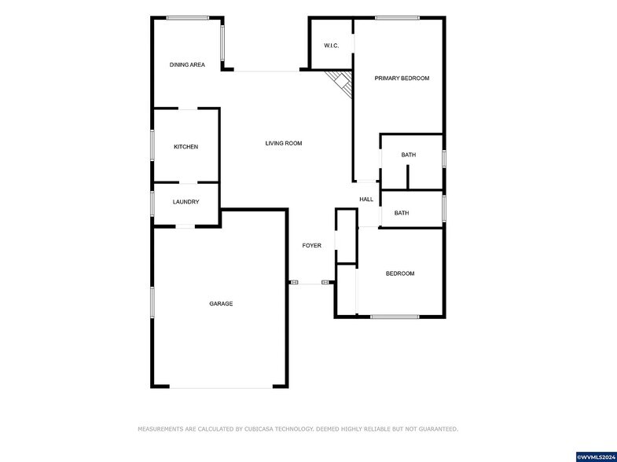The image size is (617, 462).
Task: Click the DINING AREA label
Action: tap(187, 64)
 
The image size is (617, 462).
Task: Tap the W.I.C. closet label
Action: tap(331, 46)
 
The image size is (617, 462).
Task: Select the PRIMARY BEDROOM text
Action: tap(402, 78)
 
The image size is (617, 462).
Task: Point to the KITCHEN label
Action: tap(185, 147)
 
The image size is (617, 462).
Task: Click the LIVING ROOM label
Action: tap(283, 143)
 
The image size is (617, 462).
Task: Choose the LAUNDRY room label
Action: tap(185, 202)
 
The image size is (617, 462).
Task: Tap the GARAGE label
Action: tap(221, 303)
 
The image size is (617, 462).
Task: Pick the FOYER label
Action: tap(312, 246)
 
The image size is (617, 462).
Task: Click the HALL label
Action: tap(366, 200)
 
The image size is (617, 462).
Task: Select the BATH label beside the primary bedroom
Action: tap(409, 155)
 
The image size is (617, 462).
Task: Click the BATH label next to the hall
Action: tap(402, 213)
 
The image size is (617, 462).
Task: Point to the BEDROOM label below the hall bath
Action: tap(399, 273)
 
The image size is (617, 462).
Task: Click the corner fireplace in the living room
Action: tap(341, 81)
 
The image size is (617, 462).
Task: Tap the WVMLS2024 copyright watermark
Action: tap(597, 456)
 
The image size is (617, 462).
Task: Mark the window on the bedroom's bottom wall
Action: tap(395, 317)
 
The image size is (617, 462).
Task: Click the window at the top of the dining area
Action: tap(187, 17)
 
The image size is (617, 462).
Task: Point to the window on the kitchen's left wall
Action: tap(152, 145)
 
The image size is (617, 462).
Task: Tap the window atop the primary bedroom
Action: tap(397, 17)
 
